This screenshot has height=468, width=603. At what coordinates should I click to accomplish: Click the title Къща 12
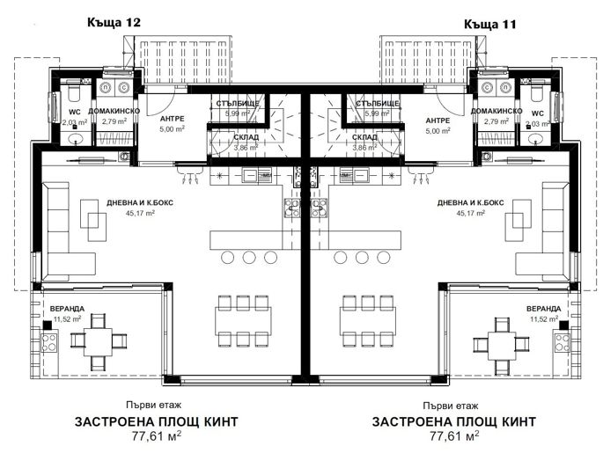(x=114, y=20)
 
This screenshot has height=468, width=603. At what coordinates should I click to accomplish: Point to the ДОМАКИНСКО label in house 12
(x=114, y=112)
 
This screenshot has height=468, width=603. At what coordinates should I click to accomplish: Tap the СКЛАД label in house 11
(x=364, y=138)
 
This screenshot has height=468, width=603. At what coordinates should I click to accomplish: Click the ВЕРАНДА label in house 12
(x=67, y=309)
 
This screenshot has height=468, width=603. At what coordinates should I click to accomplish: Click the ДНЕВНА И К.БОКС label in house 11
(x=469, y=202)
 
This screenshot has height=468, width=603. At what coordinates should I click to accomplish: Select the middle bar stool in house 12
(x=248, y=256)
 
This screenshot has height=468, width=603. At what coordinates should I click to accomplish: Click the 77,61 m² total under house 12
(x=144, y=435)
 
